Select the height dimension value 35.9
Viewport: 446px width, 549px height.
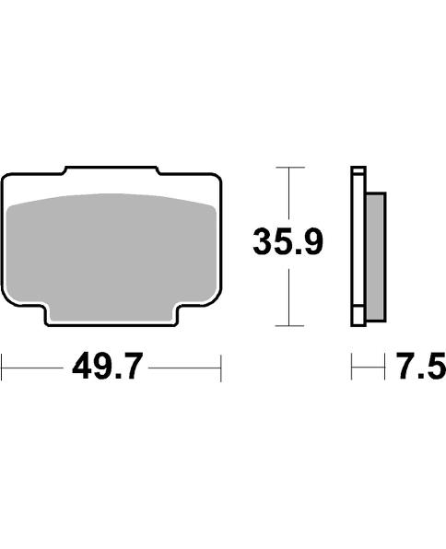click(288, 244)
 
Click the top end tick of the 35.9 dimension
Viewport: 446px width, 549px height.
click(289, 168)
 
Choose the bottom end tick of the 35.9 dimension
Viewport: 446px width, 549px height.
click(289, 325)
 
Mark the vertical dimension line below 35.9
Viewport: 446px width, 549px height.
click(289, 295)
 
